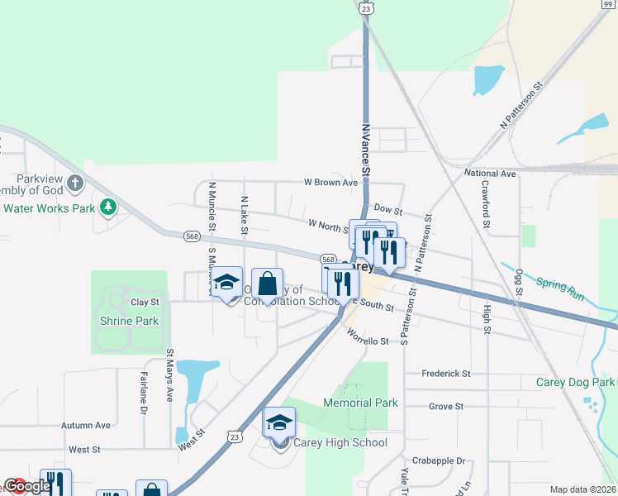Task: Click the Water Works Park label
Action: [49, 208]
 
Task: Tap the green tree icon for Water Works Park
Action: [107, 206]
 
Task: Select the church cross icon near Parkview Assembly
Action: [74, 182]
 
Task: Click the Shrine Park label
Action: [129, 321]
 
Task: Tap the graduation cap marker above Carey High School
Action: [279, 423]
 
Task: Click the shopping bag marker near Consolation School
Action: [267, 285]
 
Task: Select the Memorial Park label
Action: [360, 403]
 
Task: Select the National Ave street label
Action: [490, 174]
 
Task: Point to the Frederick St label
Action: [446, 374]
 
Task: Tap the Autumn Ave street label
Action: [86, 425]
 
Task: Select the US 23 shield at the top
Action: [365, 7]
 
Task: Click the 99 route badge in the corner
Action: [607, 4]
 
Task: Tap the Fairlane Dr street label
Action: [143, 396]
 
